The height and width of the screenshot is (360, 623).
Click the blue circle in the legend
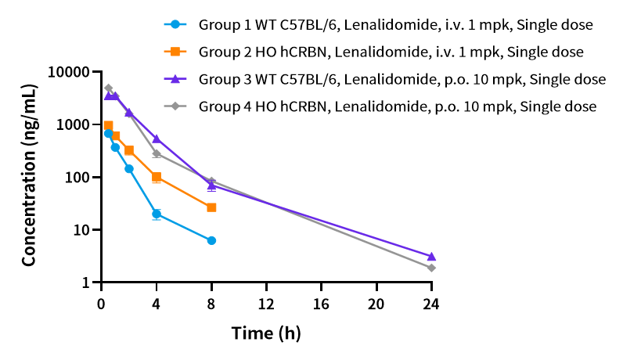(175, 24)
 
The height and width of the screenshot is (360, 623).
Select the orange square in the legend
(175, 52)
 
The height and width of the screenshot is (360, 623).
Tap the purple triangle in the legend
(175, 79)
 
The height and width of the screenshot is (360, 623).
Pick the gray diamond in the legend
(175, 106)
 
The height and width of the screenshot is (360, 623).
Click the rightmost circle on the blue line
(211, 240)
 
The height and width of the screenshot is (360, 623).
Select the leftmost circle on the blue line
(108, 134)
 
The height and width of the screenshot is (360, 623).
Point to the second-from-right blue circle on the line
(157, 214)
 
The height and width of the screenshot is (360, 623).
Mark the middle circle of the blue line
(129, 168)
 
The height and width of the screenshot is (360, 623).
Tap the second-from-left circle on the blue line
(115, 147)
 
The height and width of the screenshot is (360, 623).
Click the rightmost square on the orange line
(211, 207)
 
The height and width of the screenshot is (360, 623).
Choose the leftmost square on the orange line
(108, 125)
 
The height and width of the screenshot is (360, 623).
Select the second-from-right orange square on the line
(157, 177)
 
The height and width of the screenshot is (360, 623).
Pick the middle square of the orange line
(129, 150)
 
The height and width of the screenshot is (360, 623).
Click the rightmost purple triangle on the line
(431, 257)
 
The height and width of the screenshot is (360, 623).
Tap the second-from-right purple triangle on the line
(211, 186)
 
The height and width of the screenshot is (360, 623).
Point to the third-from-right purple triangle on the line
(157, 139)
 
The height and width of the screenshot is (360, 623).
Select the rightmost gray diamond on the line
(431, 268)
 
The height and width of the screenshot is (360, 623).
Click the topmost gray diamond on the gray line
(108, 88)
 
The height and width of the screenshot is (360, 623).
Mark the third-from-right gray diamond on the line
(157, 153)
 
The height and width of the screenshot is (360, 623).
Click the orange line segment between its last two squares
(184, 193)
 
